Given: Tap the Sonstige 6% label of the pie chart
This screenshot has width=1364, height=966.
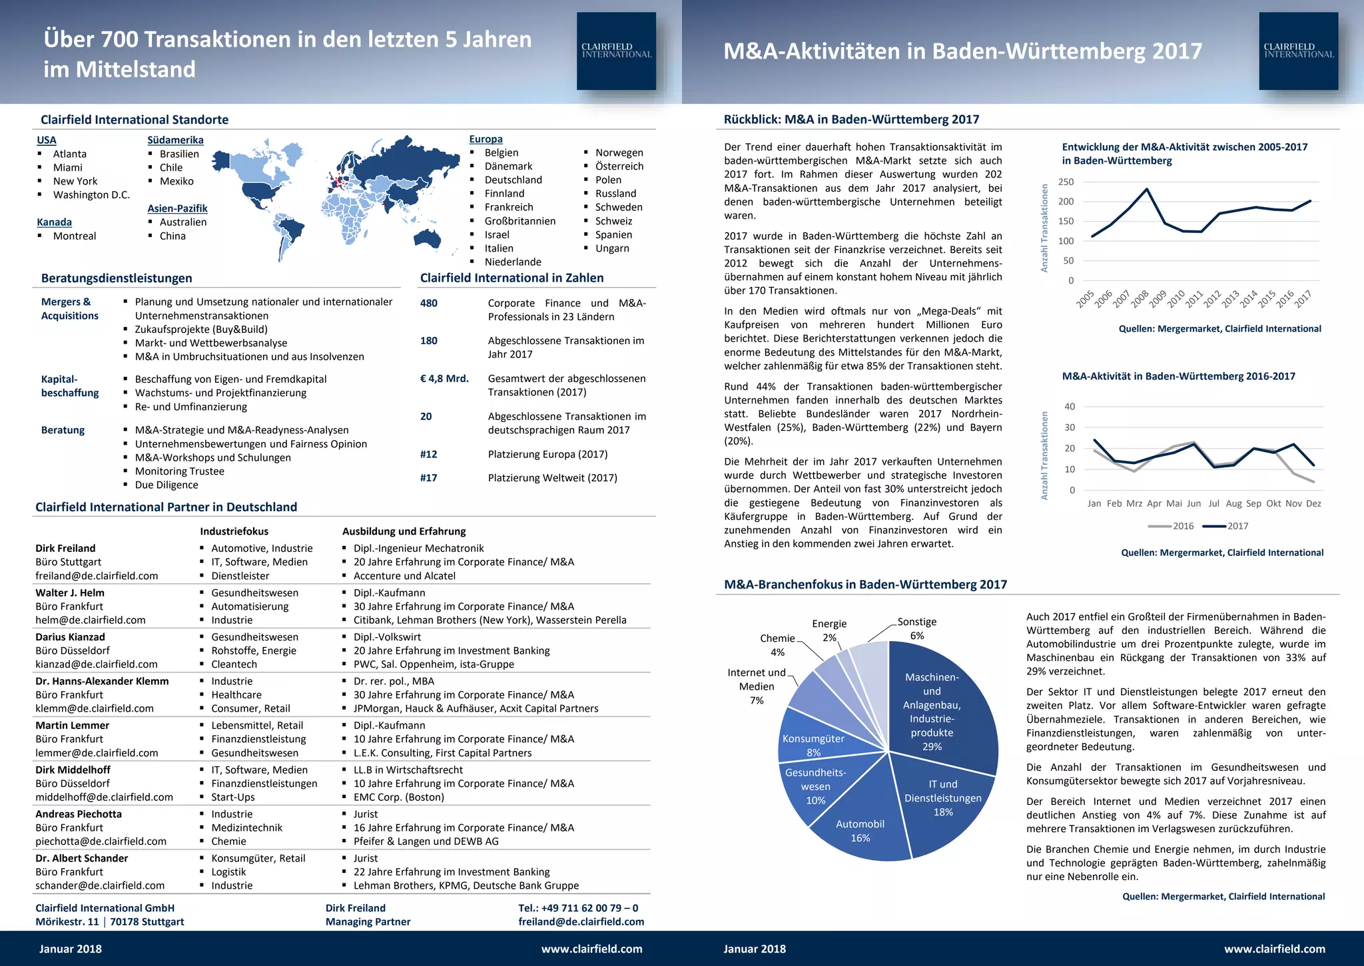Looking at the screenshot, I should tap(916, 628).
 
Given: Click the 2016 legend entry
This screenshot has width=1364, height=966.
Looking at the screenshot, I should tap(1172, 526).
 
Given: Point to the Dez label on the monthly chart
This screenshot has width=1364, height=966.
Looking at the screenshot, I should tap(1313, 503).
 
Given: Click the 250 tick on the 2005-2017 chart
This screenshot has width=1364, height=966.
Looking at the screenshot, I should tap(1066, 182).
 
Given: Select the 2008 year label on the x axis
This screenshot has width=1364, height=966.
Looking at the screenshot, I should tap(1139, 299).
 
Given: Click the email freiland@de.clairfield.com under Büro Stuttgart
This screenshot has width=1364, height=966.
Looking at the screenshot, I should tap(97, 576).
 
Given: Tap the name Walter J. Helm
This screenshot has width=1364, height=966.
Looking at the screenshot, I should tap(70, 593).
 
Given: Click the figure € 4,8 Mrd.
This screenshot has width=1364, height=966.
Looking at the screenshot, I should tap(444, 378).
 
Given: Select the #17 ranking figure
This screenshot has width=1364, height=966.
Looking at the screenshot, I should tap(428, 477).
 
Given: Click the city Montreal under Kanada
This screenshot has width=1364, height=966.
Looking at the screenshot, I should tap(75, 236).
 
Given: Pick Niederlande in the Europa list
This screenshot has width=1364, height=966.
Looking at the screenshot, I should tap(513, 262).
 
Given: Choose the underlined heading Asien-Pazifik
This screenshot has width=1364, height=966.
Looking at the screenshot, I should tap(177, 208).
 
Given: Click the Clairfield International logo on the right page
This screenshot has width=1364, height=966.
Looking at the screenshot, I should tap(1298, 51).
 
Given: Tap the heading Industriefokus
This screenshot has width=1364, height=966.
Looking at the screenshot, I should tap(234, 531).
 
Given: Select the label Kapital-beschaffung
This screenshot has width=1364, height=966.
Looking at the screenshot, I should tap(70, 386).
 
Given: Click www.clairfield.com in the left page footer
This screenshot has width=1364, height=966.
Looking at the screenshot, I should tap(591, 949).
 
